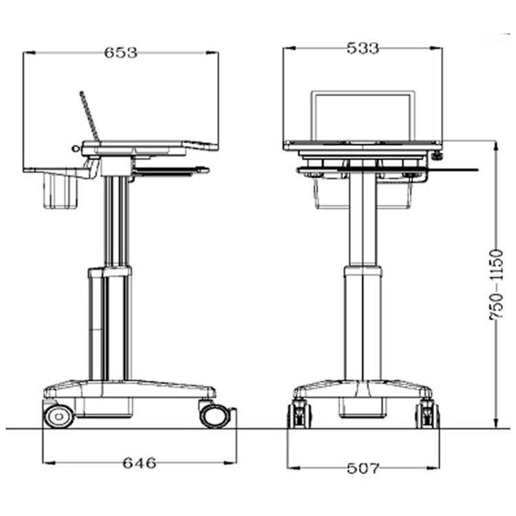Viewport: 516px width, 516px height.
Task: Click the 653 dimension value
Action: (x=120, y=52)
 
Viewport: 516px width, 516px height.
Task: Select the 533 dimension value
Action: (x=363, y=48)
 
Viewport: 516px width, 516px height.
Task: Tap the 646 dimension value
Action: (x=140, y=463)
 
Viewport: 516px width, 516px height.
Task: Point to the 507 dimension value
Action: (x=362, y=469)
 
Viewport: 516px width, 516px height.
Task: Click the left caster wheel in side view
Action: (x=58, y=416)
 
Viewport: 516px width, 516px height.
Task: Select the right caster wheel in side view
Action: (x=215, y=415)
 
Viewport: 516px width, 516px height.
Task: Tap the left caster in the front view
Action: (x=299, y=414)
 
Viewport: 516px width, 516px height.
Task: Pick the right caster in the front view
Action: (x=427, y=414)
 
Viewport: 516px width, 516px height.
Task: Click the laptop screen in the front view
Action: (x=363, y=116)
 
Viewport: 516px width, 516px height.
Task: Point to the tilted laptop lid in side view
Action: (x=89, y=116)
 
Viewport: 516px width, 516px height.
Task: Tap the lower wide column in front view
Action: (x=363, y=323)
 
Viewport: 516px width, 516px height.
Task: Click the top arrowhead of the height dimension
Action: (x=496, y=144)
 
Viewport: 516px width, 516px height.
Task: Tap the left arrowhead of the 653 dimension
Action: (x=27, y=52)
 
